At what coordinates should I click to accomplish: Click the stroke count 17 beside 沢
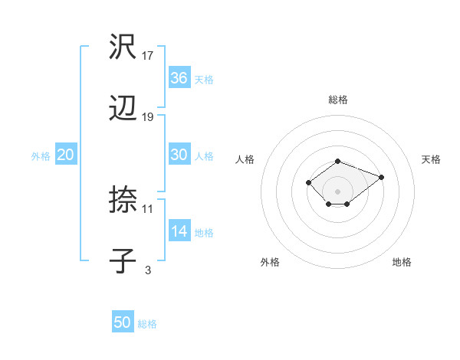[148, 56]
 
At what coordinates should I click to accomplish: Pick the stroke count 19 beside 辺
[148, 117]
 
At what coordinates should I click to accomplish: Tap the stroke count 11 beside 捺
[148, 208]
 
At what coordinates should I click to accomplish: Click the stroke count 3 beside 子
[148, 270]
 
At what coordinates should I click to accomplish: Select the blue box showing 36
[179, 78]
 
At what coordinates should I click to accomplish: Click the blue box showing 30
[179, 155]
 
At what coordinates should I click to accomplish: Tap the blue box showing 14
[179, 232]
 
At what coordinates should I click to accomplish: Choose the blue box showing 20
[66, 155]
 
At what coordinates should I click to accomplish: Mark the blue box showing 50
[123, 322]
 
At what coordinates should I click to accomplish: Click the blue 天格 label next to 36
[204, 80]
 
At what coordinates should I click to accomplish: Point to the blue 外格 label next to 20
[41, 156]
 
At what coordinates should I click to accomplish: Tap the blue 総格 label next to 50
[147, 324]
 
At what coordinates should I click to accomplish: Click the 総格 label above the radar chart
[337, 100]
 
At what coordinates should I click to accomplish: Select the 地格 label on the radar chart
[402, 262]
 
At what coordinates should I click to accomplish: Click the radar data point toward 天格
[381, 177]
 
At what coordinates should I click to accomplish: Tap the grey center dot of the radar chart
[337, 191]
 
